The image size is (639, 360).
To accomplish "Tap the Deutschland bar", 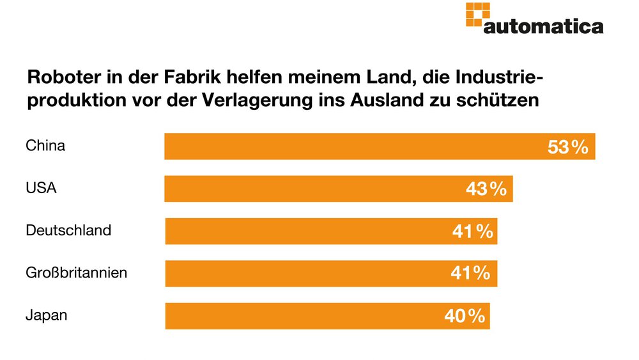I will click(307, 231).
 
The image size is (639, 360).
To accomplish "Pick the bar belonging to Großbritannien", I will click(307, 274).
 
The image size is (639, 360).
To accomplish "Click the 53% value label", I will click(567, 147).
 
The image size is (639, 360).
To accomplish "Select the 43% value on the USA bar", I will click(486, 189).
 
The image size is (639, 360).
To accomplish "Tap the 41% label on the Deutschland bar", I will click(472, 231).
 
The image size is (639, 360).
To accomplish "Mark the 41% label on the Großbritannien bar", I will click(470, 274).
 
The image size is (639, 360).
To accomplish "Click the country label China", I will click(45, 146).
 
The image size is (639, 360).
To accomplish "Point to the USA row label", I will click(42, 188).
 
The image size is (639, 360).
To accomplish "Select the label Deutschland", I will click(68, 230).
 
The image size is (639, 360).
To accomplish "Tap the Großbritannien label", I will click(77, 273).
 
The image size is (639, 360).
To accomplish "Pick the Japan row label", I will click(47, 315).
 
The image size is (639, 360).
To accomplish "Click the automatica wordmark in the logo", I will click(543, 27).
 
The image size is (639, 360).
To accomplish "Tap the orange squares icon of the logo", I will click(477, 14).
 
